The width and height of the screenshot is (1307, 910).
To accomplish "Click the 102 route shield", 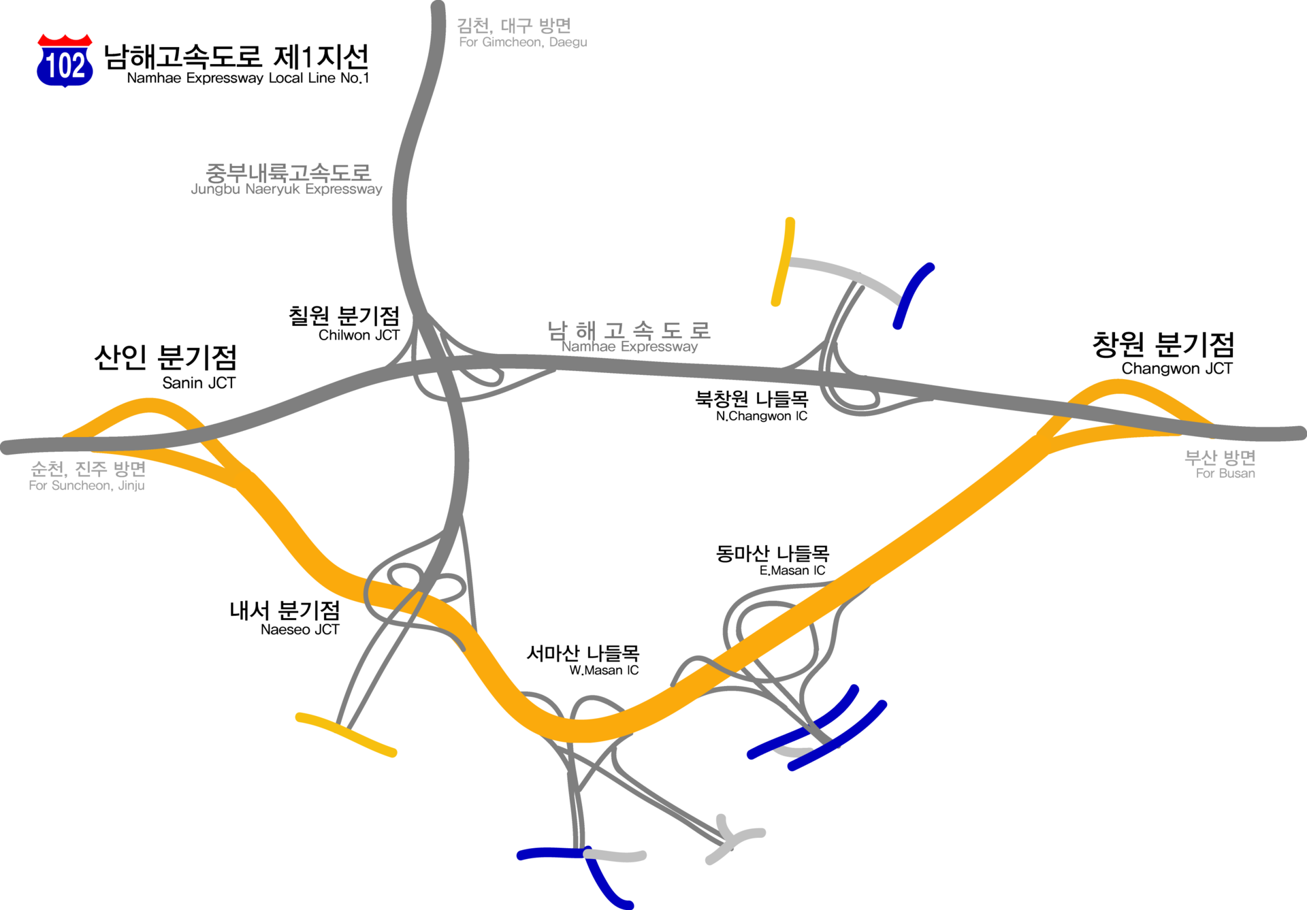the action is pos(65,61).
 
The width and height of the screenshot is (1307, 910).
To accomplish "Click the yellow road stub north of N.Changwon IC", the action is pos(783,262).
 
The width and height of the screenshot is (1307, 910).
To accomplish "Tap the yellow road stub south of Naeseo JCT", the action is pos(346,734).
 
